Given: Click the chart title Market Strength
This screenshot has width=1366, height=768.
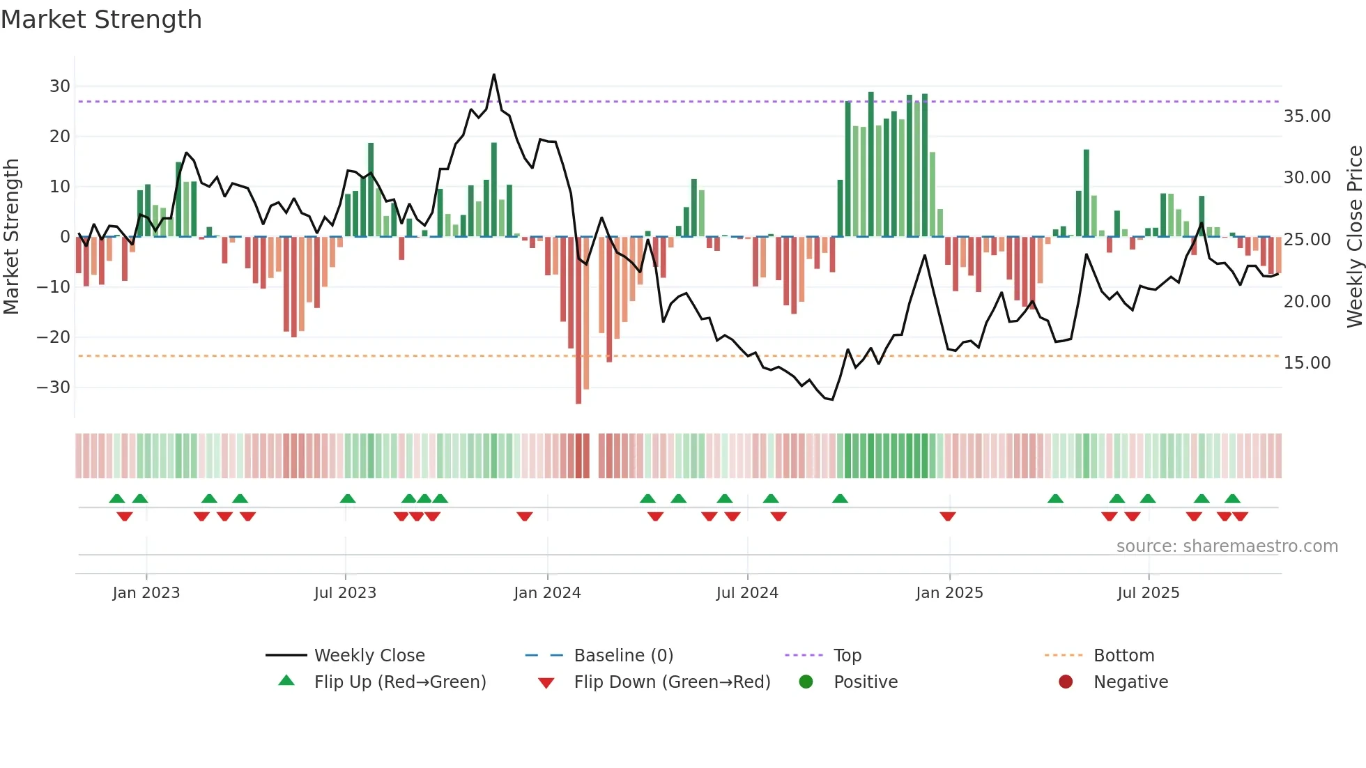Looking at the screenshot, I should point(101,19).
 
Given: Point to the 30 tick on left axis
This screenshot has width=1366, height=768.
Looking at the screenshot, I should point(59,86).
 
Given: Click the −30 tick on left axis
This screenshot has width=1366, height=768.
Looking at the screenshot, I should point(54,387).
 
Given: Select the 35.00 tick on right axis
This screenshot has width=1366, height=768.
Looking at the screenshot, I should point(1307,116).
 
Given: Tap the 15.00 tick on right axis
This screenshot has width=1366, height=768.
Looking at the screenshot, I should point(1307,362).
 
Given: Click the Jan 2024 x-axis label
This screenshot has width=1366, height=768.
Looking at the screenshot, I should point(547,592).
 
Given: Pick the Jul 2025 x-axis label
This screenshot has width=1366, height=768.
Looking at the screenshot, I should point(1148,592).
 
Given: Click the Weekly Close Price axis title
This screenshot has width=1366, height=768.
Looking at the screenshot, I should point(1354,236).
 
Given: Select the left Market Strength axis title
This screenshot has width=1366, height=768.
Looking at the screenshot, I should point(11,236).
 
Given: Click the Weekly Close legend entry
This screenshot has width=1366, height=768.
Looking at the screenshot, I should point(369,655).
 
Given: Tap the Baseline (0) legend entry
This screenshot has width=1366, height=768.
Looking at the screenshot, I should point(623,655).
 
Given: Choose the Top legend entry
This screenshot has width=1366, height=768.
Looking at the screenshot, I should point(847,655).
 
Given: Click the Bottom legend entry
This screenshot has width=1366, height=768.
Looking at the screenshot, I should point(1123,655).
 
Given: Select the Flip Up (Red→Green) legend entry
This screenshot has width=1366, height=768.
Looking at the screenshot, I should point(399,682).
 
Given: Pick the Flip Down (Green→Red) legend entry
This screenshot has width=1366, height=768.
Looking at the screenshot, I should point(672,682).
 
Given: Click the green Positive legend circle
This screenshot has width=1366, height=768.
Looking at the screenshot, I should point(806,682).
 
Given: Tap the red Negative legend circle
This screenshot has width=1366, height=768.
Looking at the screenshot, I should point(1066,682).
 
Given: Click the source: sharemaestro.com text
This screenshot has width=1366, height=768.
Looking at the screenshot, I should point(1227,546).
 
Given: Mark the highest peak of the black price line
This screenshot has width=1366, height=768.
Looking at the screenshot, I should point(494,75).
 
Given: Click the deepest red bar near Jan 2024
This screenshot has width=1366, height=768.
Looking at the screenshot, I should point(578,321).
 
